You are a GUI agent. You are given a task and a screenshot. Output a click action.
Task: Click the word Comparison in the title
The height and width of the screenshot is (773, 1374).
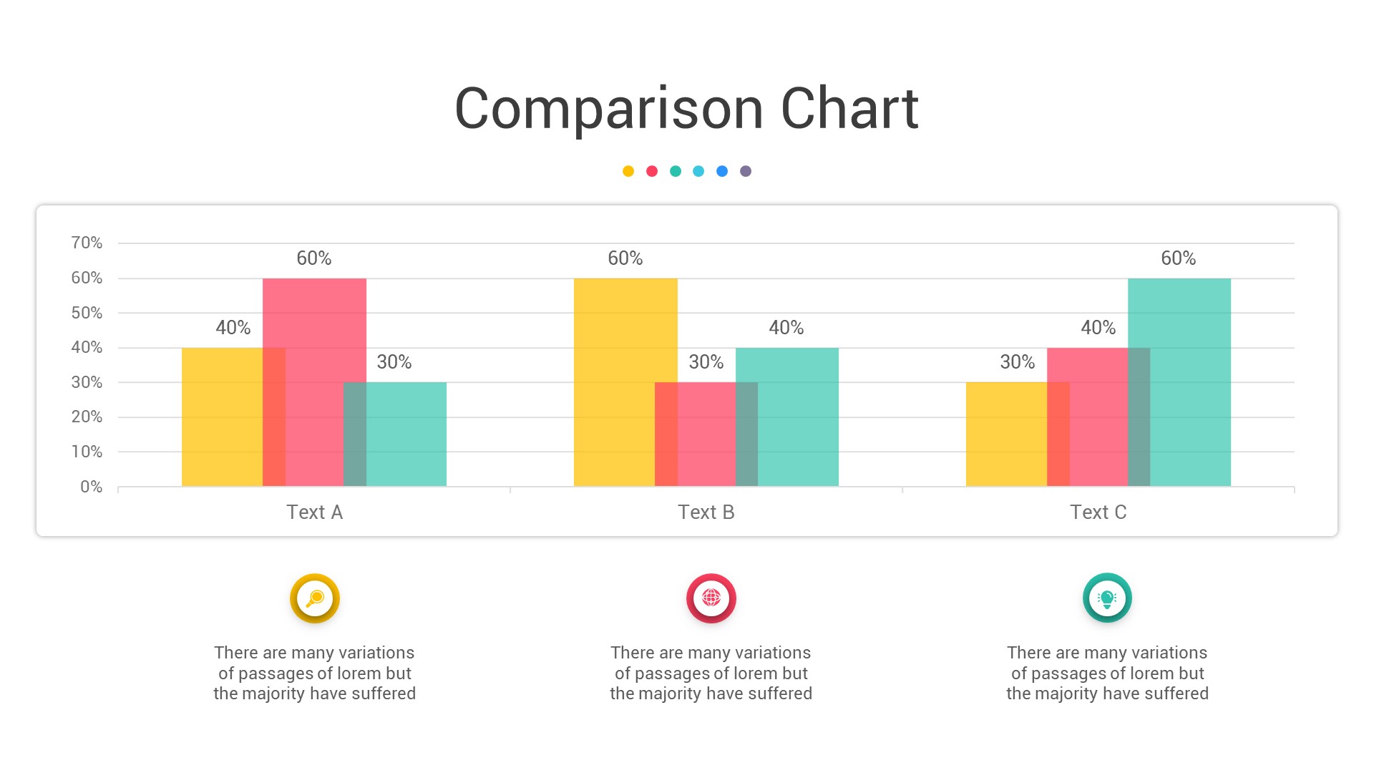pos(609,110)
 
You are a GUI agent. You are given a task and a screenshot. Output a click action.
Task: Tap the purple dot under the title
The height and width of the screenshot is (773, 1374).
pos(746,171)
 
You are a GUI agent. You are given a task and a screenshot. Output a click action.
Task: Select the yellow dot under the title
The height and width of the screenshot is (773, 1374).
pos(628,171)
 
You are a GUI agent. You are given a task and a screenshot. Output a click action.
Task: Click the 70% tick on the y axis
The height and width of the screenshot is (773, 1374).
pos(87,243)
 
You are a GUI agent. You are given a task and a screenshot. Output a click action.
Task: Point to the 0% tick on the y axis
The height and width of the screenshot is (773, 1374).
pos(91,487)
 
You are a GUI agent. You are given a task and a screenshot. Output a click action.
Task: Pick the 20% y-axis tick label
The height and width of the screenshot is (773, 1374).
pos(87,417)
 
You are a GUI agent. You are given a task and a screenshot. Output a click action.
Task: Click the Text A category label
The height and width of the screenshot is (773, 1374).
pos(314,512)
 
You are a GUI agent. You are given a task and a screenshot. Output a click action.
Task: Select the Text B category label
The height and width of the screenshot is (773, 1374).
pos(706,512)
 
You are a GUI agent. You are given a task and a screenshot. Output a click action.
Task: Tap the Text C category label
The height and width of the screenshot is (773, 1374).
pos(1098,512)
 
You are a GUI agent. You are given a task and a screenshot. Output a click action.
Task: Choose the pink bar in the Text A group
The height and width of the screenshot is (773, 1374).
pos(314,372)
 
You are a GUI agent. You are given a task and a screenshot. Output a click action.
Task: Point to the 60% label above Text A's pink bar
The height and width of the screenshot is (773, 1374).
pos(314,258)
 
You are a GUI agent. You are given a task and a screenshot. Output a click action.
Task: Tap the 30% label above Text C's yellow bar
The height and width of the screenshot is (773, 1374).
pos(1017,362)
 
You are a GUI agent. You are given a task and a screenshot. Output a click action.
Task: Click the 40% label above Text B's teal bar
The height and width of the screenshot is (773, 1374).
pos(786,328)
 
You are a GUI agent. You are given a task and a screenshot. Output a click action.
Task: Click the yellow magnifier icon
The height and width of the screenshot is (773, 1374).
pos(315,598)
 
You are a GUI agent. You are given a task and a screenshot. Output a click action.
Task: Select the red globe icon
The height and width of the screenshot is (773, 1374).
pos(711,598)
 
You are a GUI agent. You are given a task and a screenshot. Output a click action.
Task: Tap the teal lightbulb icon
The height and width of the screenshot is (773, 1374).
pos(1107,598)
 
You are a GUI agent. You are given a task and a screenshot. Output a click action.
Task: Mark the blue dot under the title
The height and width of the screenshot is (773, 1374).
pos(722,171)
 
